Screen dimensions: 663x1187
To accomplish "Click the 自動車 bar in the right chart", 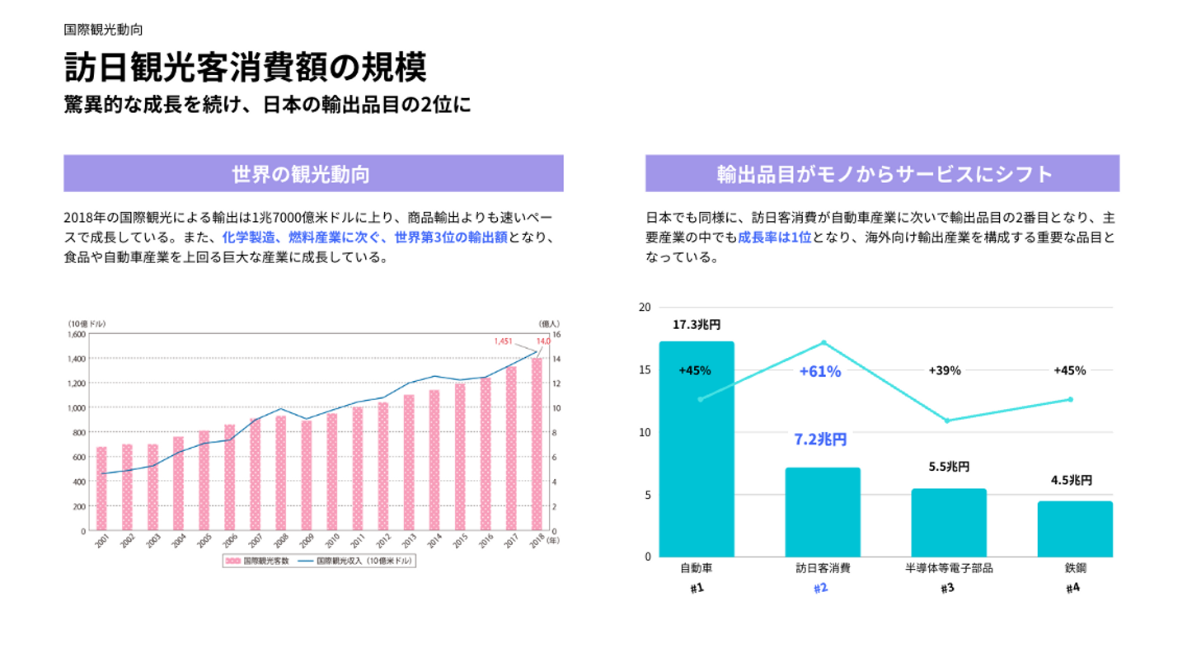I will coord(697,449).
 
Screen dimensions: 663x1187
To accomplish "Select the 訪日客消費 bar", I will coord(822,512).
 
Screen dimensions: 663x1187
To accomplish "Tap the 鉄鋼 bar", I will coord(1074,529).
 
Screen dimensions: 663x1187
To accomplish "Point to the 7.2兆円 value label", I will coord(820,440).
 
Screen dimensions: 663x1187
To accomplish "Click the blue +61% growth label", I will coord(820,372).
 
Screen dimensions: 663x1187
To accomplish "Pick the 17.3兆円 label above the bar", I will coord(697,325).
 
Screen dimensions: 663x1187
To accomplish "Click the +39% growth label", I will coord(945,371).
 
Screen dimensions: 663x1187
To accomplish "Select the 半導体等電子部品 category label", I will coord(948,568).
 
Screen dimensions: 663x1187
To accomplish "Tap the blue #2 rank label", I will coord(820,589).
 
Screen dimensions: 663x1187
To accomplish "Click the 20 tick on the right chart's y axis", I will coord(645,307).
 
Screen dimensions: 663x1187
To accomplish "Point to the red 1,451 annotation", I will coord(504,341).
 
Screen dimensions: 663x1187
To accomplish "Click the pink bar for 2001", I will coord(101,488).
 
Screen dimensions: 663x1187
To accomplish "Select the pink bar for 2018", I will coord(537,444).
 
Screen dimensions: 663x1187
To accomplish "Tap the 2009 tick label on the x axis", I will coord(305,541).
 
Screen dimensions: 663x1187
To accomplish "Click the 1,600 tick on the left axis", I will coord(74,335).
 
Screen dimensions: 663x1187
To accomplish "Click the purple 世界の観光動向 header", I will coord(313,174).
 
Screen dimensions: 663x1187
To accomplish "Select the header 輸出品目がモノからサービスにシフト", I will coord(882,174).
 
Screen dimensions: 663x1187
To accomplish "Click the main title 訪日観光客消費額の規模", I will coord(246,68).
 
